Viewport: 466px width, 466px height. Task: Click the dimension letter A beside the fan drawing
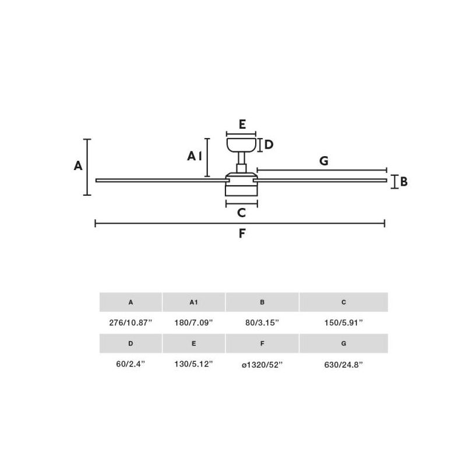pyautogui.click(x=78, y=165)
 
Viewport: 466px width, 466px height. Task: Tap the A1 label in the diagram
pyautogui.click(x=195, y=156)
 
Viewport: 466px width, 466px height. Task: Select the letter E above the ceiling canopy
pyautogui.click(x=242, y=124)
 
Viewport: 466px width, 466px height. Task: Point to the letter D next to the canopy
pyautogui.click(x=269, y=144)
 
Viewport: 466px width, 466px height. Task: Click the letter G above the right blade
pyautogui.click(x=324, y=161)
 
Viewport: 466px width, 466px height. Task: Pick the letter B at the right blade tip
pyautogui.click(x=404, y=181)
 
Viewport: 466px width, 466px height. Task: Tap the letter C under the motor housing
pyautogui.click(x=242, y=213)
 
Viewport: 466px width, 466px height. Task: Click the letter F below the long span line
pyautogui.click(x=242, y=234)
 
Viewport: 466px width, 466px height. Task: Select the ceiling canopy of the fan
pyautogui.click(x=241, y=144)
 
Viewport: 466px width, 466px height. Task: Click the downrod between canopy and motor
pyautogui.click(x=241, y=163)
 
